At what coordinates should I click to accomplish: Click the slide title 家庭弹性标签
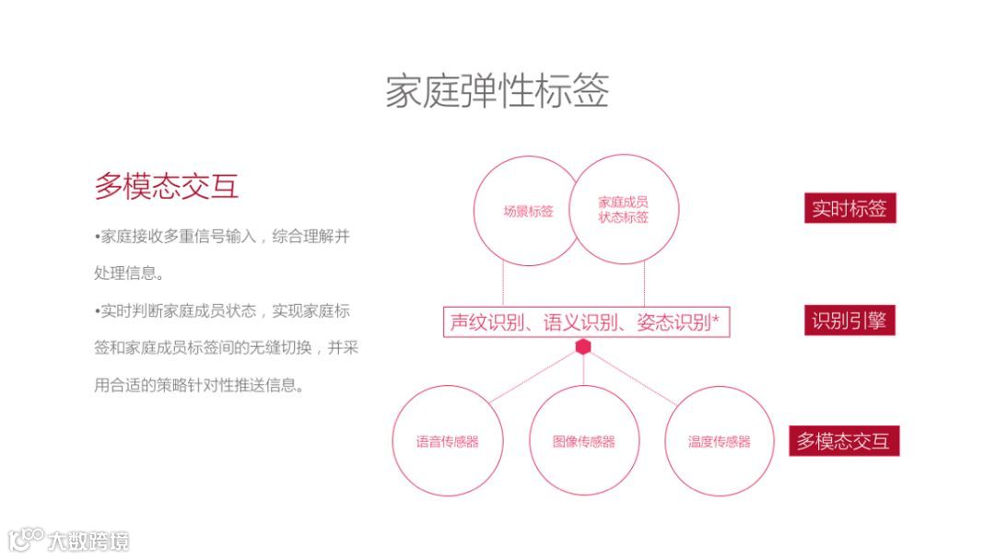tap(497, 92)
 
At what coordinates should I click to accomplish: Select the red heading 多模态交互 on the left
tap(167, 186)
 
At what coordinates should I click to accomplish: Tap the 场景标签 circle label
tap(528, 211)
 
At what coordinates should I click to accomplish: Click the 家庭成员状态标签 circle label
tap(623, 210)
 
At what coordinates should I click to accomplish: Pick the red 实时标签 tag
tap(849, 208)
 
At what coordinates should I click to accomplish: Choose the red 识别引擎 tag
tap(849, 320)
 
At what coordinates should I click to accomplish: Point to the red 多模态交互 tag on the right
tap(843, 441)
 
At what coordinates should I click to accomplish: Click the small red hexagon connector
tap(583, 347)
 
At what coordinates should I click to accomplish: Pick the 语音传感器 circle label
tap(447, 442)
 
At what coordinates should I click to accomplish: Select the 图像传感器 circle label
tap(583, 442)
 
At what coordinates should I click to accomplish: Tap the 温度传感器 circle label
tap(719, 442)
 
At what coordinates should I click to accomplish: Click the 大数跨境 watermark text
tap(89, 541)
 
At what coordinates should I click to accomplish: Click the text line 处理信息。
tap(129, 274)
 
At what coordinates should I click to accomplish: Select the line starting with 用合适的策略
tap(199, 386)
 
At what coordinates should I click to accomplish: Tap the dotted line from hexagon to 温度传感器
tap(636, 378)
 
